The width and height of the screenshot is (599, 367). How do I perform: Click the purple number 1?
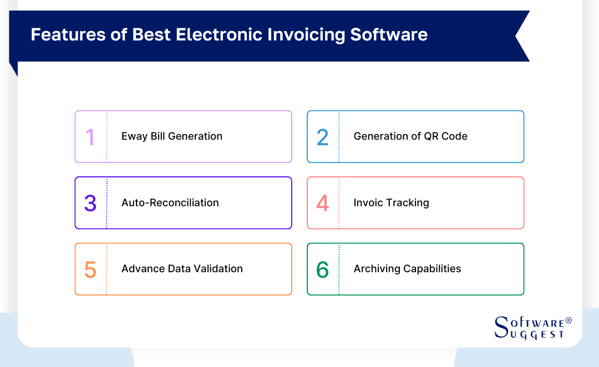(90, 137)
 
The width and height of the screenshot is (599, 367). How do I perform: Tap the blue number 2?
(322, 137)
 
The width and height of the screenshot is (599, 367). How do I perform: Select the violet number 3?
(90, 203)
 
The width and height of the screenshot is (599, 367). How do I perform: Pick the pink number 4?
(322, 203)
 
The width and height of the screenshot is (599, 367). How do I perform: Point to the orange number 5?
(90, 269)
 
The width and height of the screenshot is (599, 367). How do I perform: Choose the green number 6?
(322, 269)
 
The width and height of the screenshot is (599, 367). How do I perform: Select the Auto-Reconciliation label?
(170, 203)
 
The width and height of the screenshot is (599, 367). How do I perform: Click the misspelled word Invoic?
(368, 203)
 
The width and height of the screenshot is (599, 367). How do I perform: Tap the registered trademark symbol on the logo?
(568, 321)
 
